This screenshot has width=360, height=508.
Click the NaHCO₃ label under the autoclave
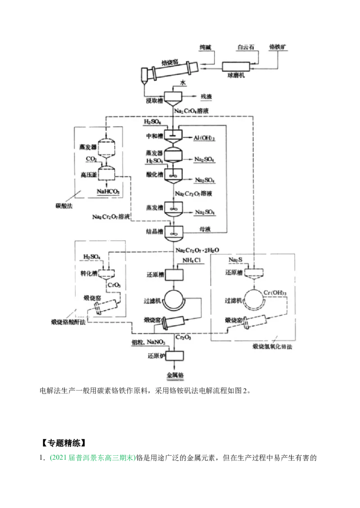click(x=108, y=192)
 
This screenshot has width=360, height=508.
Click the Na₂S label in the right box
click(x=234, y=260)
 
